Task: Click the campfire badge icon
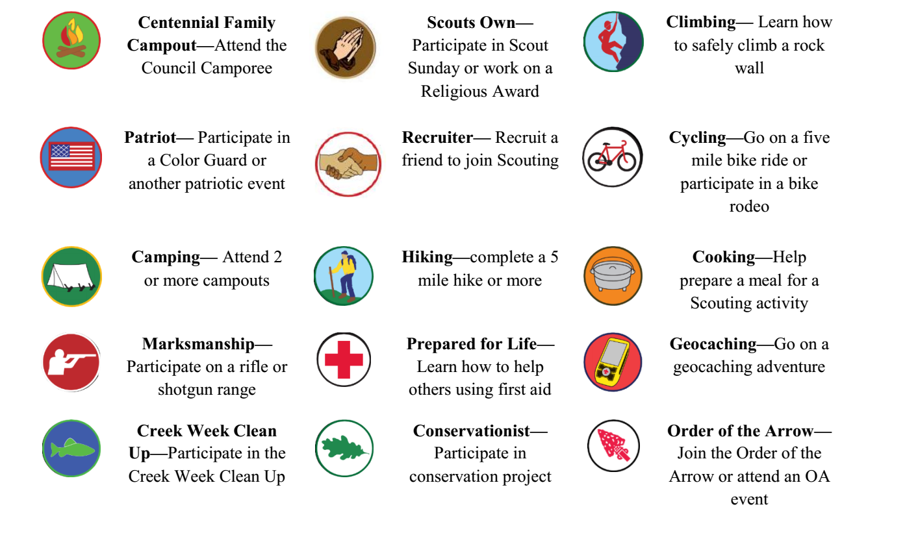71,40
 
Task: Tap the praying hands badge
346,47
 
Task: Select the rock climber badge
613,42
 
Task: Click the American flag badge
71,157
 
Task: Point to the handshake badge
348,164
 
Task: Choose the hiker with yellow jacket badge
344,276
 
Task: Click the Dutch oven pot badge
613,276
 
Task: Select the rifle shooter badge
71,362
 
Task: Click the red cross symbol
344,360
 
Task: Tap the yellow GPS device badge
613,362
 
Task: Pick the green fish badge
71,448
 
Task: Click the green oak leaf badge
344,448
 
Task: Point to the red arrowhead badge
613,446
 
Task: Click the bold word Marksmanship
198,344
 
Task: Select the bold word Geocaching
713,344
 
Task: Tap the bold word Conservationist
471,431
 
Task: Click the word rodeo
749,206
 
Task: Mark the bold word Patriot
150,137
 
